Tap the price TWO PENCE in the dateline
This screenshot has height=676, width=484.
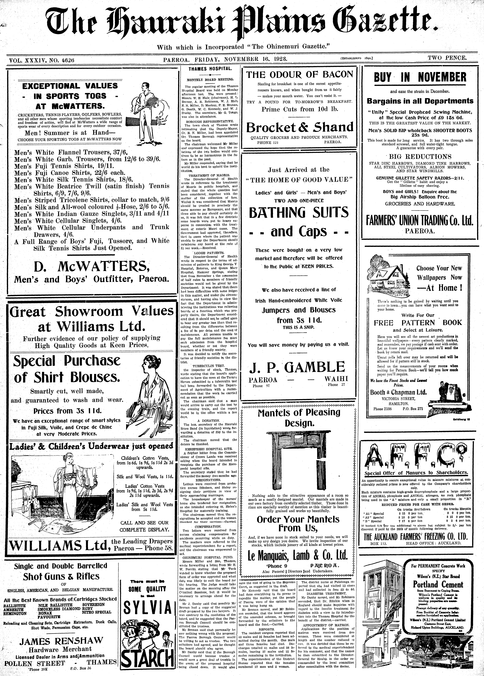coord(447,58)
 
